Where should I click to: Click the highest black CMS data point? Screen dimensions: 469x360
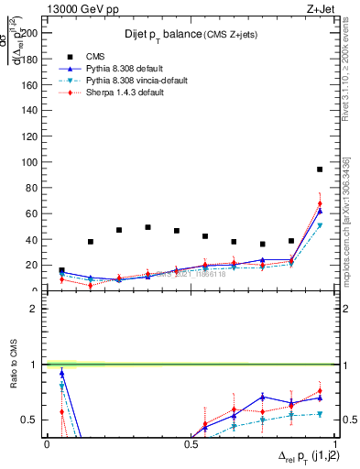coord(320,169)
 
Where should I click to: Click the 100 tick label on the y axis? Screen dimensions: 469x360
coord(33,162)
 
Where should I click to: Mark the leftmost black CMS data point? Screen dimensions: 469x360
coord(61,271)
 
